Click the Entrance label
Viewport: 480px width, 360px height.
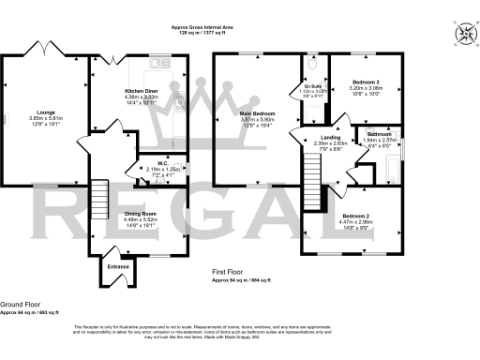pos(118,267)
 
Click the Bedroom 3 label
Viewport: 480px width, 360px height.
pos(367,82)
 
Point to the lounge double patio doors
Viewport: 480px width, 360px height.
pos(44,49)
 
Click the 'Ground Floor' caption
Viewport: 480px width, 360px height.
pos(18,305)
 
